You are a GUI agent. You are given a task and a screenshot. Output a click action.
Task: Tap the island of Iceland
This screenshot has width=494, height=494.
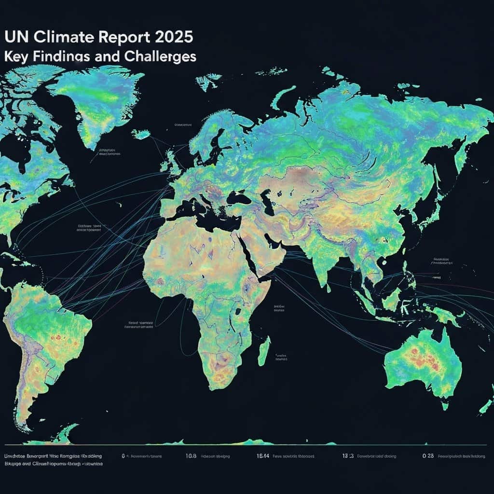click(x=141, y=134)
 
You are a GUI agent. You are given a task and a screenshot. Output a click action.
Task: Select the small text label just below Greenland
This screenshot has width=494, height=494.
click(x=109, y=152)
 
